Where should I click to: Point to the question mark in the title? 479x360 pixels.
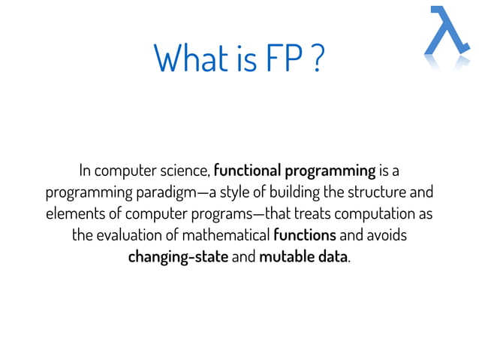(316, 58)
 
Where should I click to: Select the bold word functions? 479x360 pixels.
(305, 235)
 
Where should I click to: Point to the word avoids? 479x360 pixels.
(387, 235)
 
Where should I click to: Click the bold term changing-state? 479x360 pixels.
(178, 257)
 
